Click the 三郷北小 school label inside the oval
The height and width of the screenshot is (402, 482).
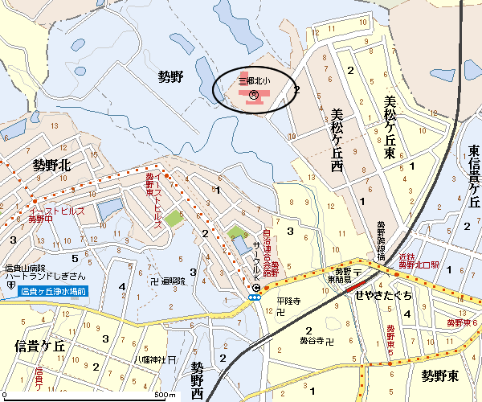[253, 81]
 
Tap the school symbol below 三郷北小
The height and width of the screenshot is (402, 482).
[253, 95]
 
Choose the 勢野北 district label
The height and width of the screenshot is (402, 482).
[52, 165]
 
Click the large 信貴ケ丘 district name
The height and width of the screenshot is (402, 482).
[43, 346]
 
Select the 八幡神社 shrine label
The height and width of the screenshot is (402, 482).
[149, 359]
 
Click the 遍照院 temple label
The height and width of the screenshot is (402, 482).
[173, 281]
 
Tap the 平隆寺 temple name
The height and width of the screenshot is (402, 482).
[288, 301]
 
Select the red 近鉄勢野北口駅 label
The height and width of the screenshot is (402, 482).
[419, 260]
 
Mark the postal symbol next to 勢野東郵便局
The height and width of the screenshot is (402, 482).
[357, 273]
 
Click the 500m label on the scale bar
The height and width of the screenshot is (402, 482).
[165, 395]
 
